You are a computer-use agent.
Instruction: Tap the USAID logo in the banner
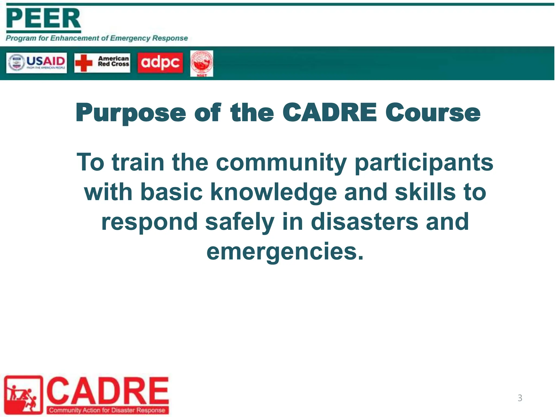coord(36,63)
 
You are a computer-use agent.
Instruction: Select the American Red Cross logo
coord(102,63)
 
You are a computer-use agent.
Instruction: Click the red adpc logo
coord(160,63)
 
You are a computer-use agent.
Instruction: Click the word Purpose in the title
coord(131,113)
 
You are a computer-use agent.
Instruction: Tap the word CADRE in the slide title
coord(330,112)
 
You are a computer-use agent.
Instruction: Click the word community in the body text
coord(281,163)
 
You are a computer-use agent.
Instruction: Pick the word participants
coord(424,163)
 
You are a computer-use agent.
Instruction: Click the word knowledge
coord(274,192)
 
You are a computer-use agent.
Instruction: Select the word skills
coord(425,192)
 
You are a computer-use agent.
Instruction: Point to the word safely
coord(240,222)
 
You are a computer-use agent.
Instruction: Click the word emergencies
coord(285,252)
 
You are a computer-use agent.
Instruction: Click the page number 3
coord(520,398)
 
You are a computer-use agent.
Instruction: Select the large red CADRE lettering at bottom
coord(108,391)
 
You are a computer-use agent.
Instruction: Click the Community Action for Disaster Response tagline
coord(107,410)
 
